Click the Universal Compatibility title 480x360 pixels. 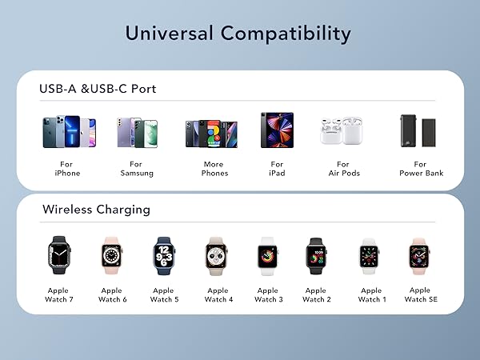point(238,34)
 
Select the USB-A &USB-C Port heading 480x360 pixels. point(98,89)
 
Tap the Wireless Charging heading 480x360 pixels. point(96,210)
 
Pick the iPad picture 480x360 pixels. point(277,130)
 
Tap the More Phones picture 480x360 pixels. point(211,133)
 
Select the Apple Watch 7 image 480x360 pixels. point(59,255)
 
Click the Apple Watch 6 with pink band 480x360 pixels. point(111,255)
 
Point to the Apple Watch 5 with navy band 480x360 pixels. point(163,255)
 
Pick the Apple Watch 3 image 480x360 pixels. point(267,255)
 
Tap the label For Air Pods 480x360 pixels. point(338,169)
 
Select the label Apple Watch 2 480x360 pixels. point(316,295)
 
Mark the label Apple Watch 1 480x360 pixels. point(370,295)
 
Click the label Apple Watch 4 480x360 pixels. point(218,295)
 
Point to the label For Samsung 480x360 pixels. point(137,169)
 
